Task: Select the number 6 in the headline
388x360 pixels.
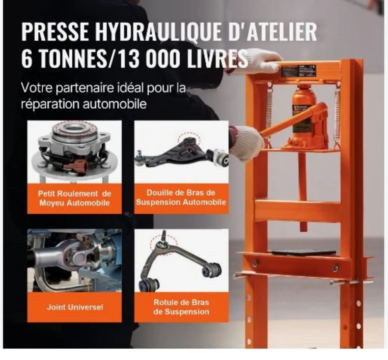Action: (x=27, y=59)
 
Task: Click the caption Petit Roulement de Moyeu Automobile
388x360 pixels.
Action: (x=74, y=198)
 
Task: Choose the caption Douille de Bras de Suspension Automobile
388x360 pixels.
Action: (x=181, y=197)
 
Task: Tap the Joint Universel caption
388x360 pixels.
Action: (x=74, y=307)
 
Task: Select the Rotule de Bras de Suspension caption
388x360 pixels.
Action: (x=181, y=307)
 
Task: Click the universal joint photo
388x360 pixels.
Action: (x=74, y=261)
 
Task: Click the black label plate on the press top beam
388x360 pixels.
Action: (x=299, y=70)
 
